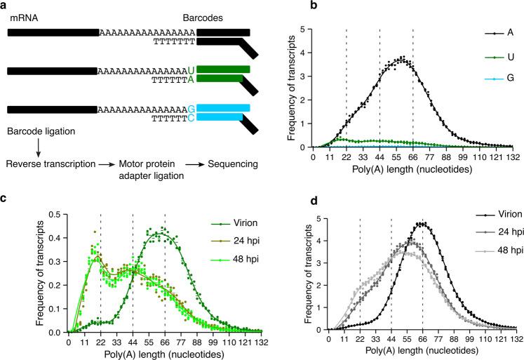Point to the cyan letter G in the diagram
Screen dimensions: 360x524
pyautogui.click(x=190, y=109)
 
